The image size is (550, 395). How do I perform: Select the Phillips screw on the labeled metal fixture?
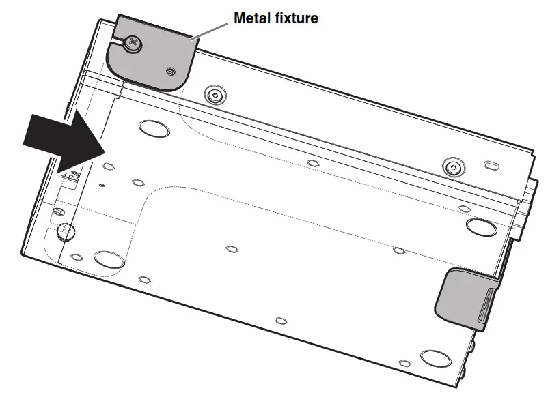[x=132, y=45]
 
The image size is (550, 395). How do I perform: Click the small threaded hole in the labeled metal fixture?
[x=169, y=70]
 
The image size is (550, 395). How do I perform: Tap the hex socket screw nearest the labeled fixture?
[x=216, y=94]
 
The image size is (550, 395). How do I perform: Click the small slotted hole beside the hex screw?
[x=491, y=166]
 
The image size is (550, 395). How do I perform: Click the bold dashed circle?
[x=66, y=232]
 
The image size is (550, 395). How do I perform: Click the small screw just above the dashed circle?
[x=59, y=211]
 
